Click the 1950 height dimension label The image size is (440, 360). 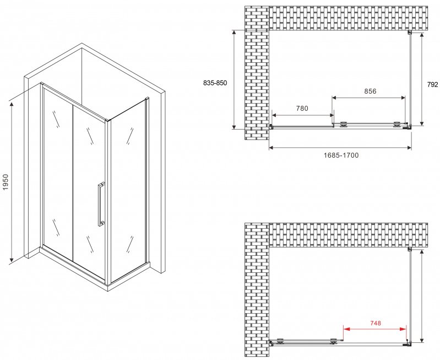click(x=6, y=182)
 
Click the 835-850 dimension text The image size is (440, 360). click(x=215, y=83)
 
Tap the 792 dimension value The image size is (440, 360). click(x=432, y=84)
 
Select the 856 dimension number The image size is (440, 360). click(x=370, y=91)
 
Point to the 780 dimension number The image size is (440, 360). click(x=302, y=108)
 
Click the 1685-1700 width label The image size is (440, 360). click(x=341, y=155)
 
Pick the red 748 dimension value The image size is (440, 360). click(x=376, y=323)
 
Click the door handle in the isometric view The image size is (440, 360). click(x=101, y=205)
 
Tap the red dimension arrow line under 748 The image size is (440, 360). click(x=375, y=329)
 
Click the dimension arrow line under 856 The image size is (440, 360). click(x=369, y=98)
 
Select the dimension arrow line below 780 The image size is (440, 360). click(x=303, y=115)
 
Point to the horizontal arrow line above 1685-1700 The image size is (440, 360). click(x=340, y=147)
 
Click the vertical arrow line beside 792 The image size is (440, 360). click(x=422, y=79)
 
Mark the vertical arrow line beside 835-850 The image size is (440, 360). click(x=234, y=79)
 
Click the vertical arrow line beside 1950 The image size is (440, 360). click(x=12, y=182)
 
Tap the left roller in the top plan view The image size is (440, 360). click(x=344, y=125)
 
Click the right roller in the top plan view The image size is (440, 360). click(x=397, y=125)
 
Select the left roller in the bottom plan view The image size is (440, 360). click(x=280, y=341)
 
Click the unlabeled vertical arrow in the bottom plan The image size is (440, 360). click(x=422, y=296)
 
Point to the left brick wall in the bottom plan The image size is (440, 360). click(x=257, y=290)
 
